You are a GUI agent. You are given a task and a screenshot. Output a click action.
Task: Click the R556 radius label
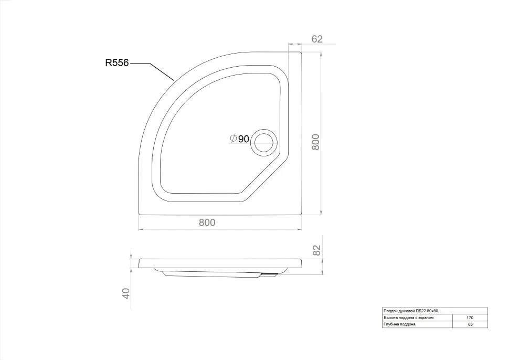[117, 62]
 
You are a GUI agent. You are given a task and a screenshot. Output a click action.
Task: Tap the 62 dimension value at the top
[317, 39]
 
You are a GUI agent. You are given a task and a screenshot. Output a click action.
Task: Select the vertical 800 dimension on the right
[315, 142]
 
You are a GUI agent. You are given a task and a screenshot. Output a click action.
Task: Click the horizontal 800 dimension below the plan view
[207, 223]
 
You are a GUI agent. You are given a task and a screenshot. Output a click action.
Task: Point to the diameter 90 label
[240, 139]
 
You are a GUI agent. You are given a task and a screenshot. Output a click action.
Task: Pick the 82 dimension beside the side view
[316, 250]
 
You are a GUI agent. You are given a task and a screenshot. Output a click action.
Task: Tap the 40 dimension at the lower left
[126, 293]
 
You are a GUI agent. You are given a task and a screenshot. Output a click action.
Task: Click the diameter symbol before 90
[234, 139]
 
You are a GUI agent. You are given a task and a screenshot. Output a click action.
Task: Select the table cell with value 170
[470, 318]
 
